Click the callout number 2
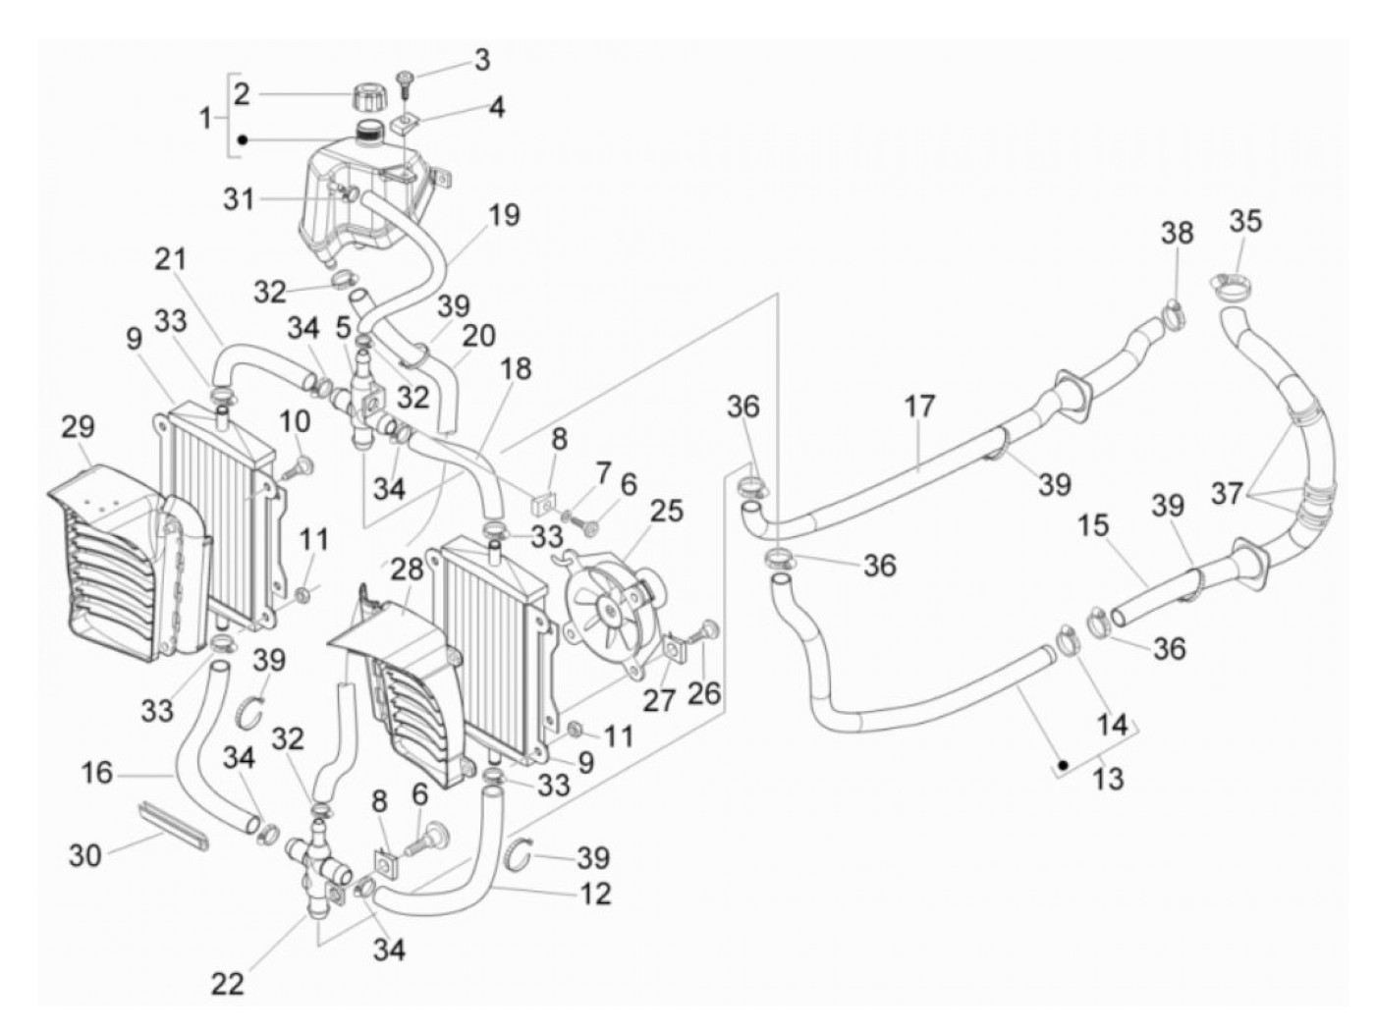click(x=242, y=93)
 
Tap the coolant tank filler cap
click(x=367, y=97)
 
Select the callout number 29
click(x=78, y=427)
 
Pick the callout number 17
click(x=920, y=406)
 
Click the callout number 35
click(x=1245, y=222)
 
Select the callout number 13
click(x=1108, y=779)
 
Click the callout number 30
click(x=85, y=854)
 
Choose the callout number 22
click(x=228, y=983)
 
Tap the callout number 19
click(x=504, y=214)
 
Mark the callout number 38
click(x=1178, y=233)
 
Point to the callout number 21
click(x=169, y=259)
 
